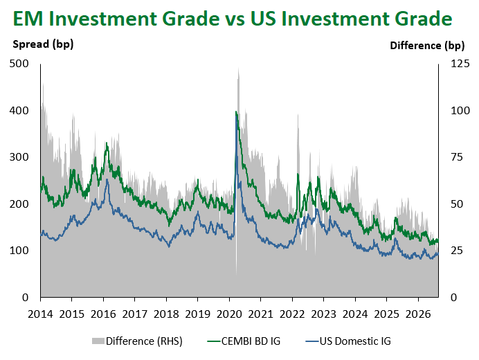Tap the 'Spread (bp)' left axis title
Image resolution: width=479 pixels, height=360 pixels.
tap(43, 44)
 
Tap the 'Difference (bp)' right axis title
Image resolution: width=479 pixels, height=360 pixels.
tap(427, 46)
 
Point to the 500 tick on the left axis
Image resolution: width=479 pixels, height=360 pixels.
tap(19, 64)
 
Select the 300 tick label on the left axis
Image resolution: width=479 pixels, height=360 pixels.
tap(19, 157)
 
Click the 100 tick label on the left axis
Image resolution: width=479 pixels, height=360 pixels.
tap(19, 251)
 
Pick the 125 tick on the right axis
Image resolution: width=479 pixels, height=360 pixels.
tap(460, 64)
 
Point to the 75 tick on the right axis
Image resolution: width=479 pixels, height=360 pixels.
tap(457, 157)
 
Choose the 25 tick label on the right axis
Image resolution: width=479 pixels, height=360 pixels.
tap(457, 251)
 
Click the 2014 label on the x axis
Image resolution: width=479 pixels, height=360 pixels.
tap(40, 314)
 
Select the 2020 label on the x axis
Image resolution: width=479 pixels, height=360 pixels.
tap(229, 314)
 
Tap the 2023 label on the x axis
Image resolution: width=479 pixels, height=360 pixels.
tap(323, 314)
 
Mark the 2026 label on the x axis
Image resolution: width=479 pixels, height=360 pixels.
tap(418, 314)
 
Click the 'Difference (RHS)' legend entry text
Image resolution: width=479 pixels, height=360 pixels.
tap(144, 341)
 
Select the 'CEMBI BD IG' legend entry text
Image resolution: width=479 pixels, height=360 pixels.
tap(251, 341)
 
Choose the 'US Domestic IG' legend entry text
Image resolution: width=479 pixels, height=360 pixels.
tap(355, 341)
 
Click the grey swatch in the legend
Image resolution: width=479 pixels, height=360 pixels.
tap(98, 341)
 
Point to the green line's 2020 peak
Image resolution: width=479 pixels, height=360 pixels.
tap(236, 112)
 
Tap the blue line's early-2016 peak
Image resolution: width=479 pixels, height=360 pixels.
tap(107, 180)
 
